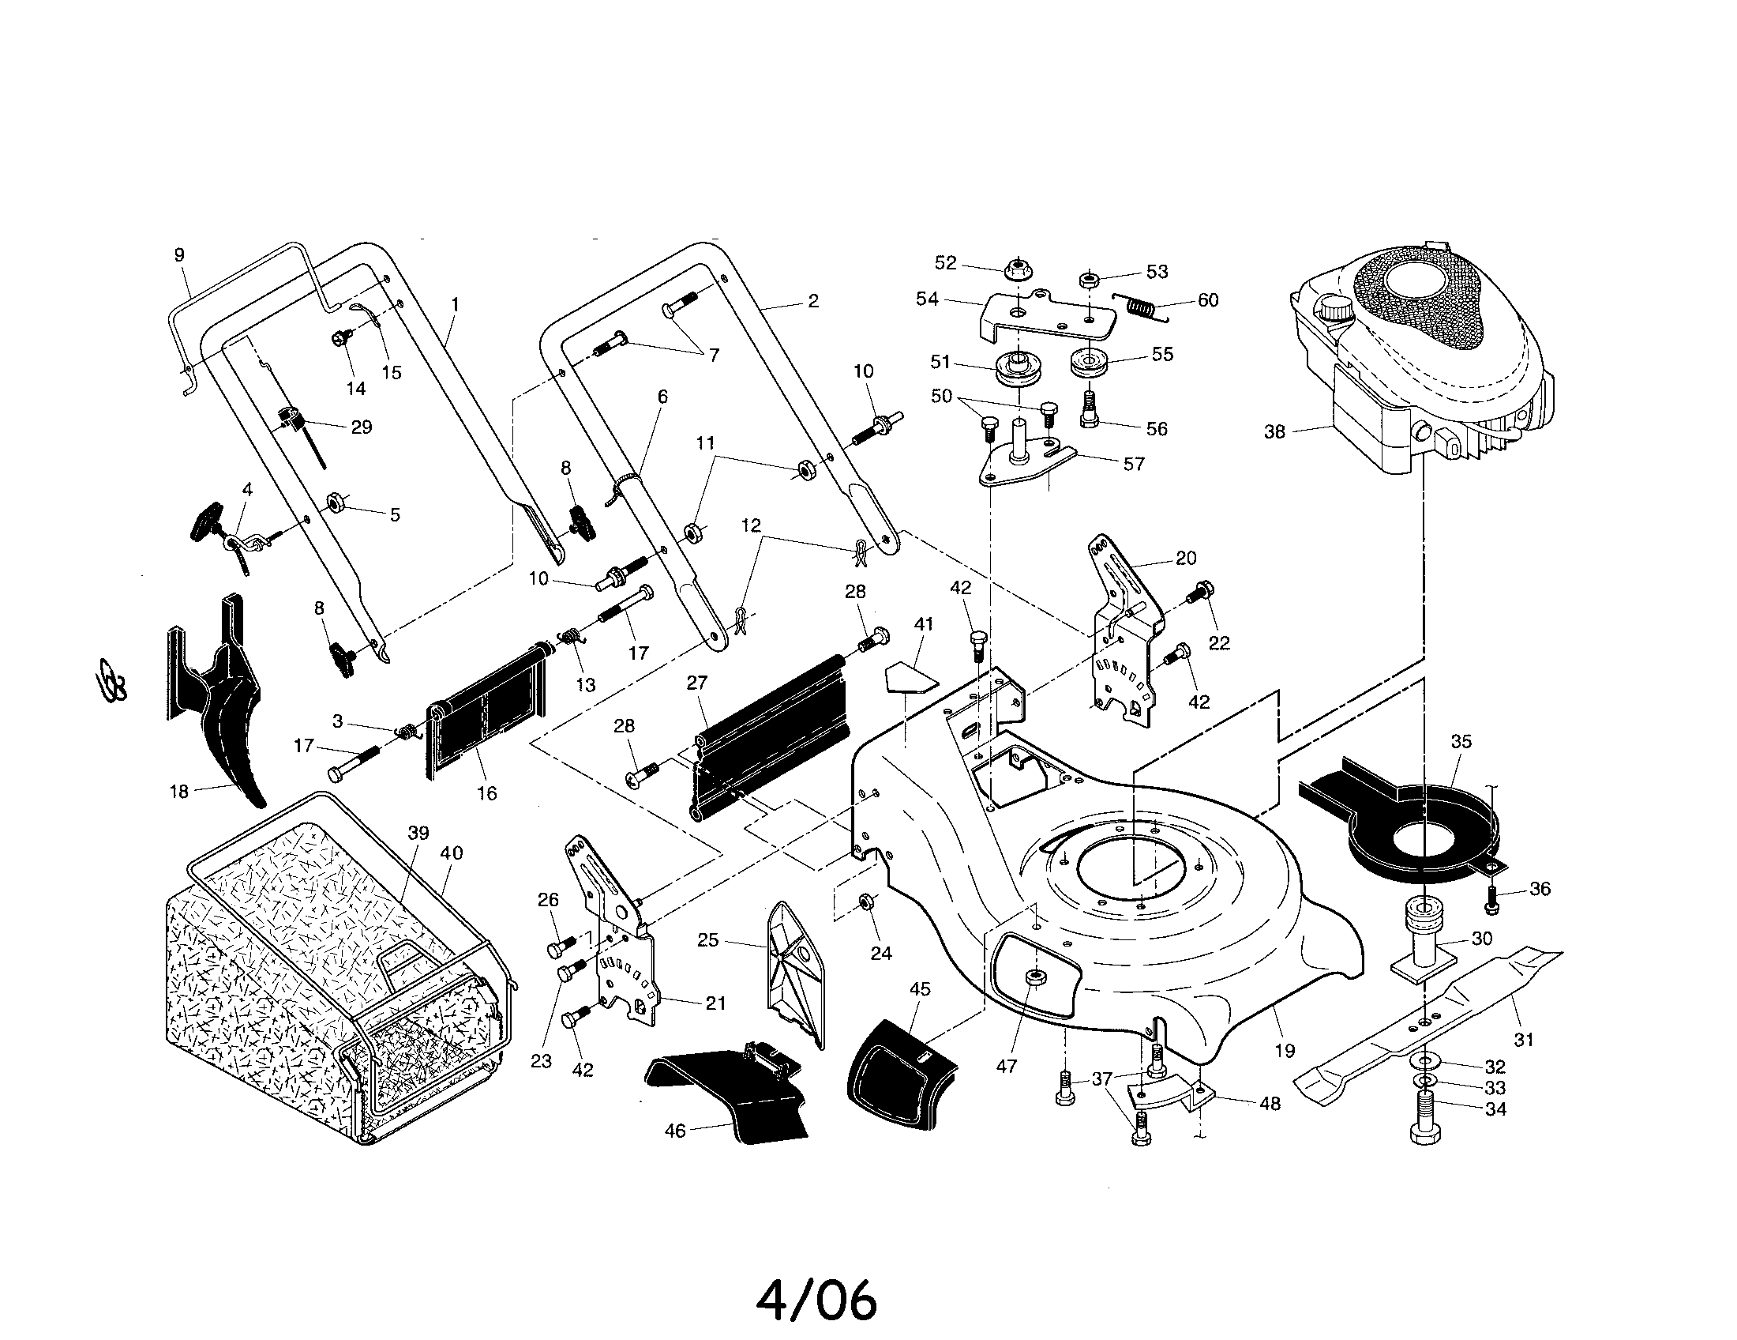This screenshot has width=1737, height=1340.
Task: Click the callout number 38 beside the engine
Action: [1274, 432]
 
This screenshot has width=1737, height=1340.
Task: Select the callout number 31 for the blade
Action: [1523, 1039]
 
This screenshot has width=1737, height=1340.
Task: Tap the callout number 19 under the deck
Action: [1285, 1050]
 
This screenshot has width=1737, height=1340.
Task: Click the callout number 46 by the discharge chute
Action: [674, 1131]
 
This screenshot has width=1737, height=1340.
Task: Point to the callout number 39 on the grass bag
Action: [418, 833]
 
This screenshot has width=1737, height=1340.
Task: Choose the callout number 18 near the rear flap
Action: [179, 791]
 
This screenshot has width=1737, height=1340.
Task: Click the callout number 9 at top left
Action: [179, 254]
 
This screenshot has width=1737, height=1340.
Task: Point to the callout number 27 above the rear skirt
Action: [696, 683]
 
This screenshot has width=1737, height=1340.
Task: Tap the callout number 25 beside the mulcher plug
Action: [707, 939]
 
